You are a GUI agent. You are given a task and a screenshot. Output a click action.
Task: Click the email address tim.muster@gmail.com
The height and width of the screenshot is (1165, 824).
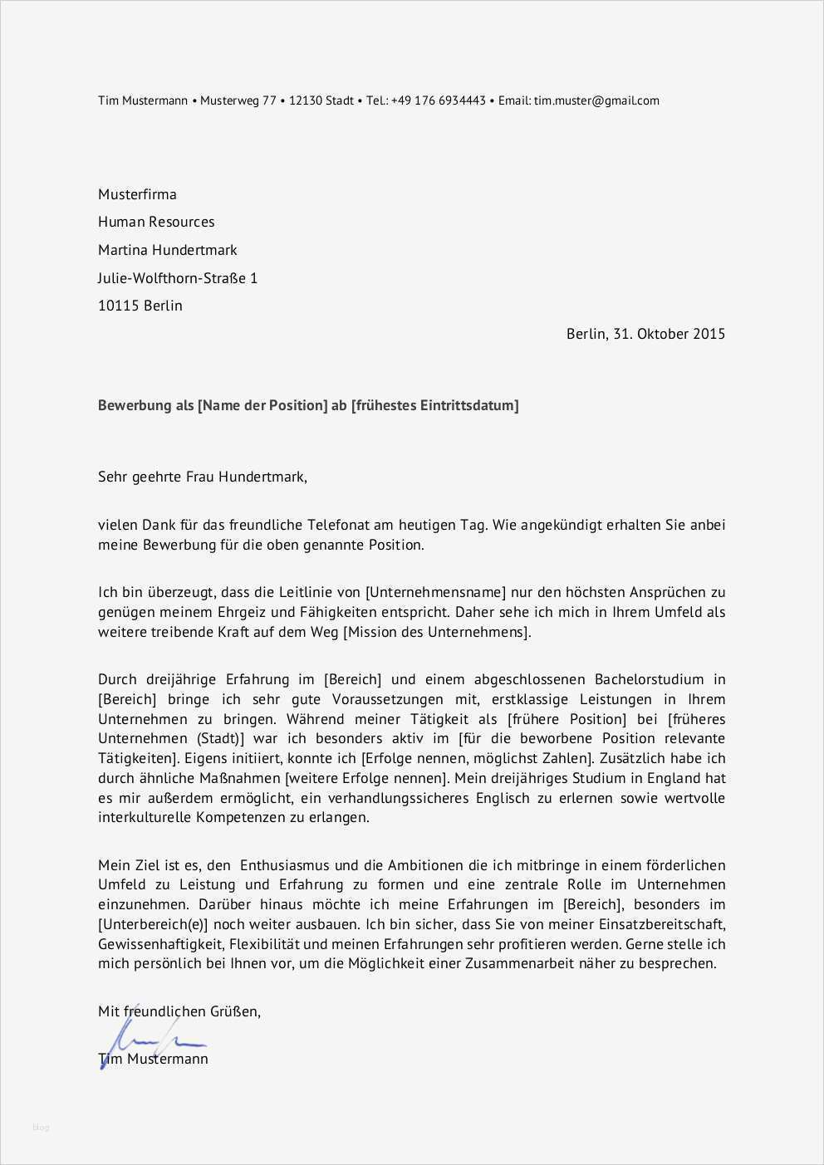(596, 100)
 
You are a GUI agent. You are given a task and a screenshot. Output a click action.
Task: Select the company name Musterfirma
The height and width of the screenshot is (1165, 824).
(137, 194)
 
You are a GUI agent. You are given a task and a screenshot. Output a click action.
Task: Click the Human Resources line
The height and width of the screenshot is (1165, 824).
(156, 222)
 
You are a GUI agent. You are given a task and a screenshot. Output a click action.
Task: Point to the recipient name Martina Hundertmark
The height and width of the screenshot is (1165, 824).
(167, 250)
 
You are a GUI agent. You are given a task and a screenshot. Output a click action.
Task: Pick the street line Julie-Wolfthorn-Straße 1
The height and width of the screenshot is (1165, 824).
(178, 278)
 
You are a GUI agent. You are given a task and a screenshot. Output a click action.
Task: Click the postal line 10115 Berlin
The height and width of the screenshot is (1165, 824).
(140, 306)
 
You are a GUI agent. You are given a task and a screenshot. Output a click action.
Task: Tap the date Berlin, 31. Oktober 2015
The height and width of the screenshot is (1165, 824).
(645, 334)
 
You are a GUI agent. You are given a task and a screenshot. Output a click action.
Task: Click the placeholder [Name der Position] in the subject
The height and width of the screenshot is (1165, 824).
(262, 405)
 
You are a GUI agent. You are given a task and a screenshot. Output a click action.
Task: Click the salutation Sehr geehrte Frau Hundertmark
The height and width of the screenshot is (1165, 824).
(202, 477)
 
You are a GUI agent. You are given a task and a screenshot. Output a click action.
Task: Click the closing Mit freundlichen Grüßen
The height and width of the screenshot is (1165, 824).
(179, 1011)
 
